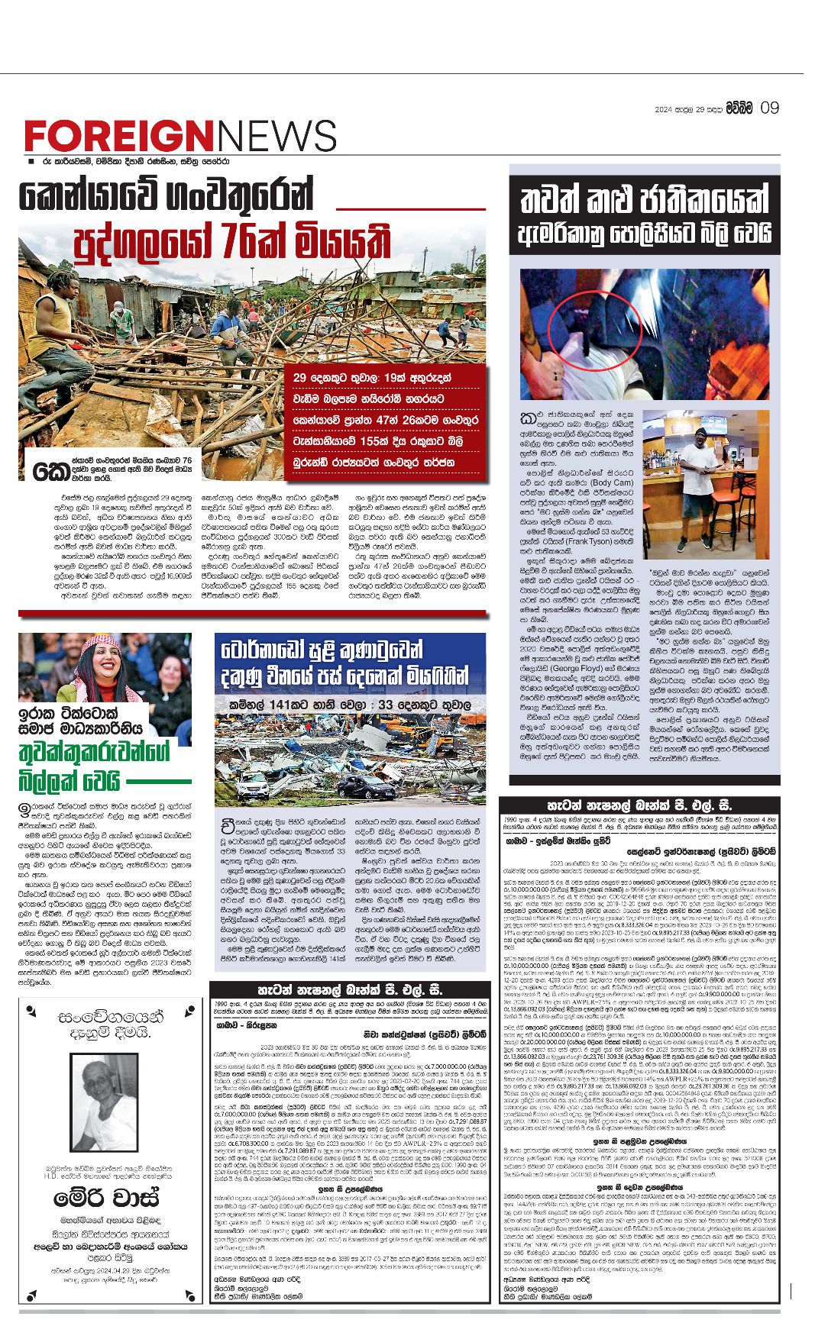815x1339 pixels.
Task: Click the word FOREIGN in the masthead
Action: pyautogui.click(x=121, y=137)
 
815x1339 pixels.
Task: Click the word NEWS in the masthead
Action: pyautogui.click(x=277, y=137)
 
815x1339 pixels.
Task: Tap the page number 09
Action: pyautogui.click(x=769, y=108)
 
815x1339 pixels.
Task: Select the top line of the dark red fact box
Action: pyautogui.click(x=390, y=377)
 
